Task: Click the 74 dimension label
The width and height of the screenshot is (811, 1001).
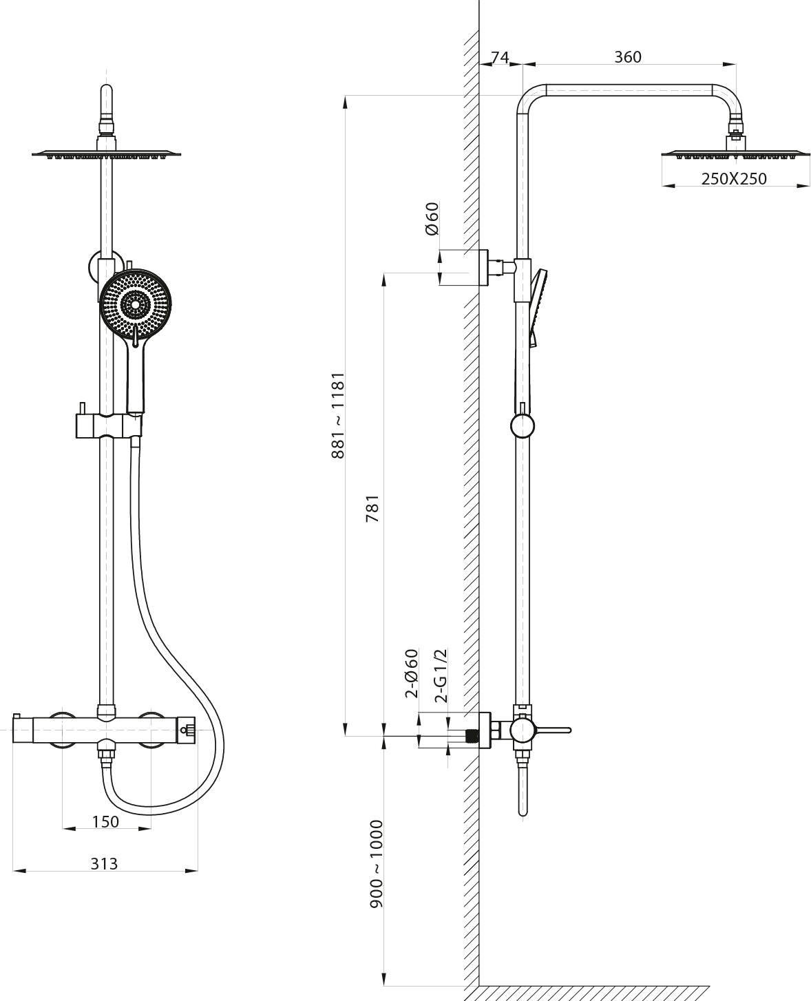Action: (x=500, y=57)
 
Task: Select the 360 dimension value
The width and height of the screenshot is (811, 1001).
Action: (x=628, y=57)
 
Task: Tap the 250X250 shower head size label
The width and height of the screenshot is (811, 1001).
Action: (x=734, y=179)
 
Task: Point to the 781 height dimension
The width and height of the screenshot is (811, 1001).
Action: (x=372, y=509)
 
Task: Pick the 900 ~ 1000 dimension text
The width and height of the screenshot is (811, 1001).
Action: (x=377, y=864)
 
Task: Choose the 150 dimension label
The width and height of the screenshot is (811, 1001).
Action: (x=106, y=822)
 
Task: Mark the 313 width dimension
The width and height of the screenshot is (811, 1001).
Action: (x=105, y=864)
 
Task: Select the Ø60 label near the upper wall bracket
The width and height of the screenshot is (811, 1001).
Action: (x=432, y=218)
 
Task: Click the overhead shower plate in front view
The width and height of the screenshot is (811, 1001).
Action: (x=106, y=154)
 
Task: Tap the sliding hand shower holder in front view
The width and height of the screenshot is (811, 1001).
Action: (x=109, y=425)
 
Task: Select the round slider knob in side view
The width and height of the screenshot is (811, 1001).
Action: (x=523, y=426)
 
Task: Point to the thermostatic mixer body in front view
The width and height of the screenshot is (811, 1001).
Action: (x=104, y=730)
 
